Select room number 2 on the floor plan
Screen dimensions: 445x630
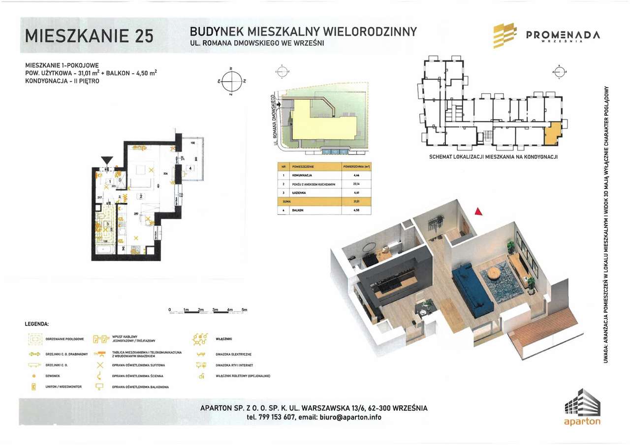click(x=141, y=196)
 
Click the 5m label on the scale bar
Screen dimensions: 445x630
click(x=244, y=310)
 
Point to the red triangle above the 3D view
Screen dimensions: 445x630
click(x=477, y=211)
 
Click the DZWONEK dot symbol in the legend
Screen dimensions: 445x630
click(x=34, y=376)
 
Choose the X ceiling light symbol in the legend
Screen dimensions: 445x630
click(x=100, y=365)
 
